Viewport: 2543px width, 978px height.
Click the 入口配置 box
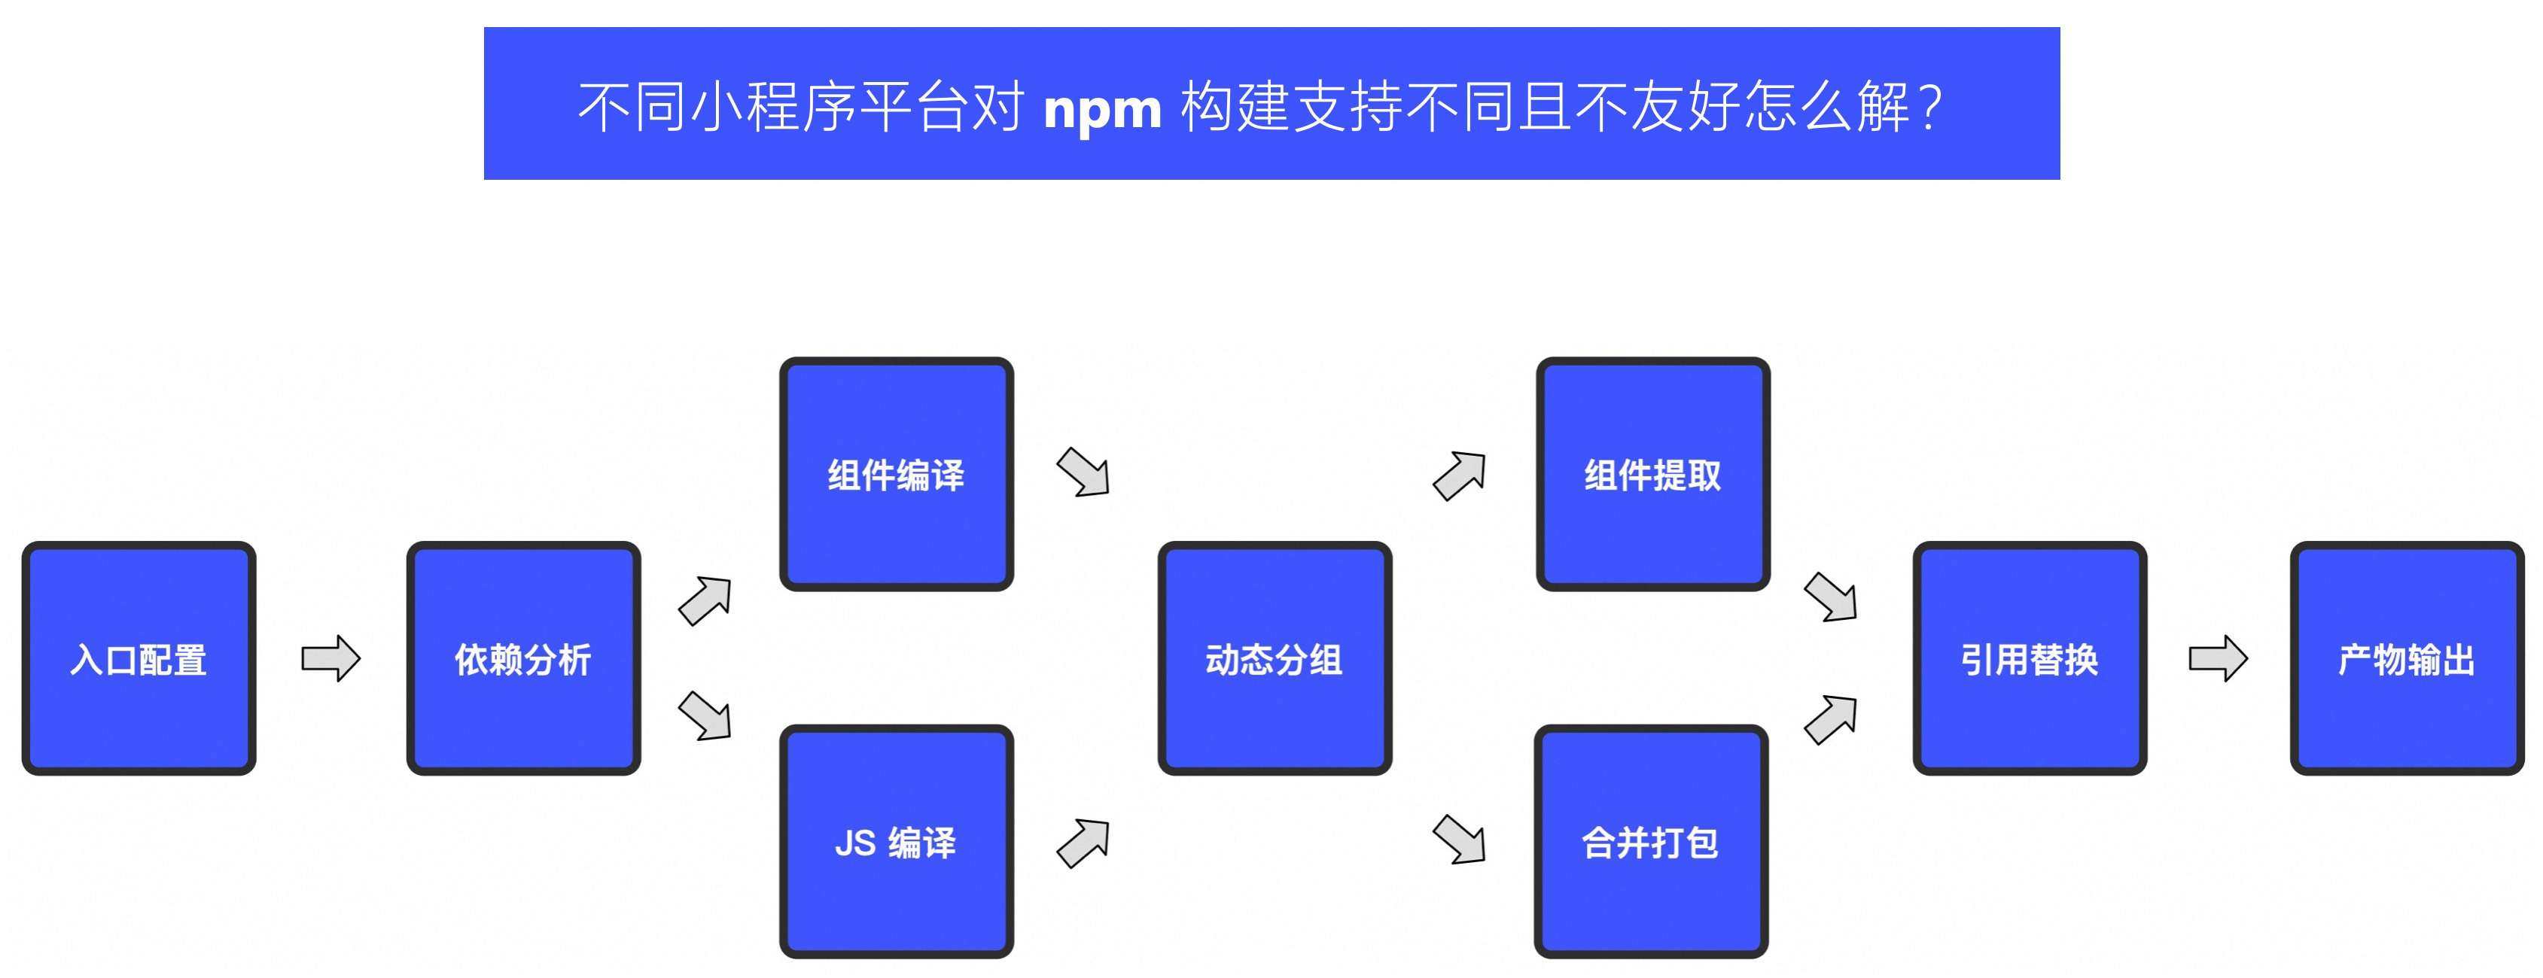pos(139,658)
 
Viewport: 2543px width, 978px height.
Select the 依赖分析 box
pos(523,658)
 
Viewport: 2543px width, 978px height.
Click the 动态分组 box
pos(1275,658)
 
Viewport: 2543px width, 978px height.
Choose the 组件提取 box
pos(1652,475)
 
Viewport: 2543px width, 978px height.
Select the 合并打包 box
pos(1651,842)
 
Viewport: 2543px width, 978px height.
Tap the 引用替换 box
pos(2030,658)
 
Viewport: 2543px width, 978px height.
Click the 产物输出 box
pos(2407,658)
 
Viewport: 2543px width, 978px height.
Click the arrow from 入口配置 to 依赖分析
pos(330,658)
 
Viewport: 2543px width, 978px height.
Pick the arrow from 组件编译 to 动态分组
pos(1084,472)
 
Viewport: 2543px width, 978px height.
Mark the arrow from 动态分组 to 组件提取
pos(1460,475)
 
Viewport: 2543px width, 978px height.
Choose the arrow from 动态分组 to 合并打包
pos(1460,840)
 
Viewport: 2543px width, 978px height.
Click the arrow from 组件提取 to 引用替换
pos(1832,597)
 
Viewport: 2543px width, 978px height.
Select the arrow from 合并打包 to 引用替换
pos(1832,718)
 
